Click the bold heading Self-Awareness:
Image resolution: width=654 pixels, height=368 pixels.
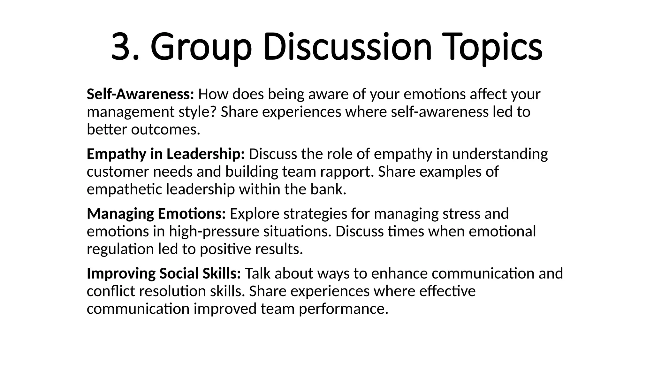tap(140, 94)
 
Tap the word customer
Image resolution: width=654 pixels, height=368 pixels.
tap(118, 172)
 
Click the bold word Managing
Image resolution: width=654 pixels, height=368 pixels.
tap(120, 214)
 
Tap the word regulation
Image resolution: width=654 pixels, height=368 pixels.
tap(120, 249)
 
